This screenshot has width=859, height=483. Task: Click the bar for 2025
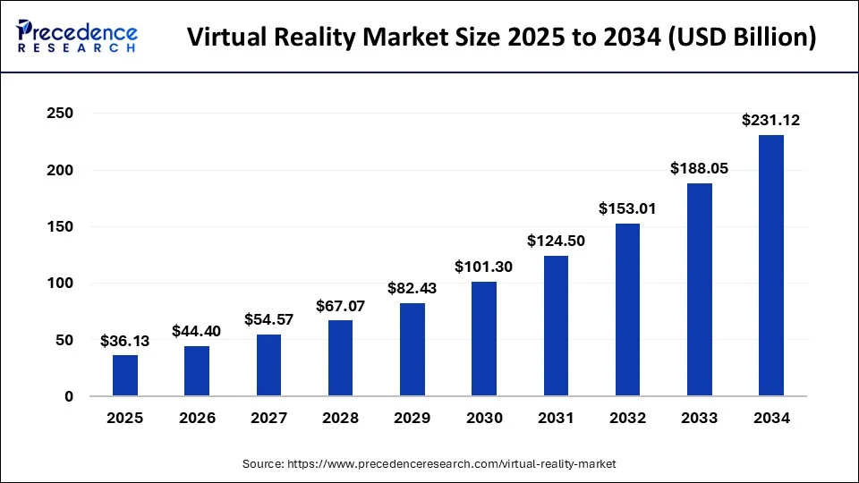click(125, 376)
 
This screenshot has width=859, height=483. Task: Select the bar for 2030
click(484, 339)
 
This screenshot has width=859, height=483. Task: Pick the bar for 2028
click(340, 358)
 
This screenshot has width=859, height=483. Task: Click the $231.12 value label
click(770, 120)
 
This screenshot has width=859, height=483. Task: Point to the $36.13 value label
click(125, 341)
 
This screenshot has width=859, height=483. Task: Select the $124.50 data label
click(556, 241)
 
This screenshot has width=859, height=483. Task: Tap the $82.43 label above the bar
click(412, 288)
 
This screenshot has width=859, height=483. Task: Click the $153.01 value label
click(627, 208)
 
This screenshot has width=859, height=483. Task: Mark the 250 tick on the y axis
click(60, 114)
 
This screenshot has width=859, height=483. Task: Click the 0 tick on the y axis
click(68, 396)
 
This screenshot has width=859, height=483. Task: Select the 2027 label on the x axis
click(268, 418)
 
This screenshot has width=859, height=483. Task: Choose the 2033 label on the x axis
click(699, 418)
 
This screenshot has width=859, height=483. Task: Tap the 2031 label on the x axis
click(556, 418)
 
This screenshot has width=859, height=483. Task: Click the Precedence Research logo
click(77, 37)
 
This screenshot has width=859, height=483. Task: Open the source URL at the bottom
click(429, 464)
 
